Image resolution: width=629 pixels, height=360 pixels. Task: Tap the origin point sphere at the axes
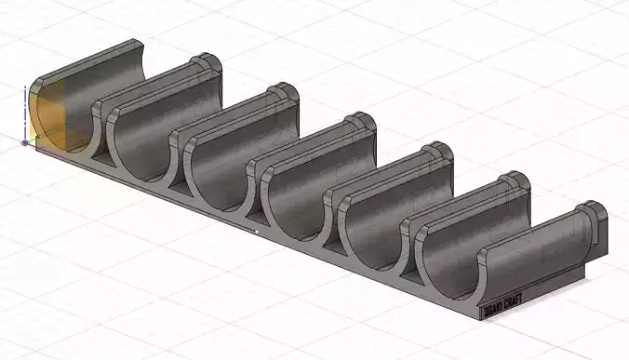point(24,143)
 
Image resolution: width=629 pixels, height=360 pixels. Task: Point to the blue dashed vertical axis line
point(24,112)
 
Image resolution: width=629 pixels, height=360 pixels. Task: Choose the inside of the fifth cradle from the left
point(381,209)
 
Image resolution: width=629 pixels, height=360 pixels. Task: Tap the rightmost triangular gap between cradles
point(409,274)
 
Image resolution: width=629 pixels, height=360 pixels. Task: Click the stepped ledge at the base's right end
point(558,279)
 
